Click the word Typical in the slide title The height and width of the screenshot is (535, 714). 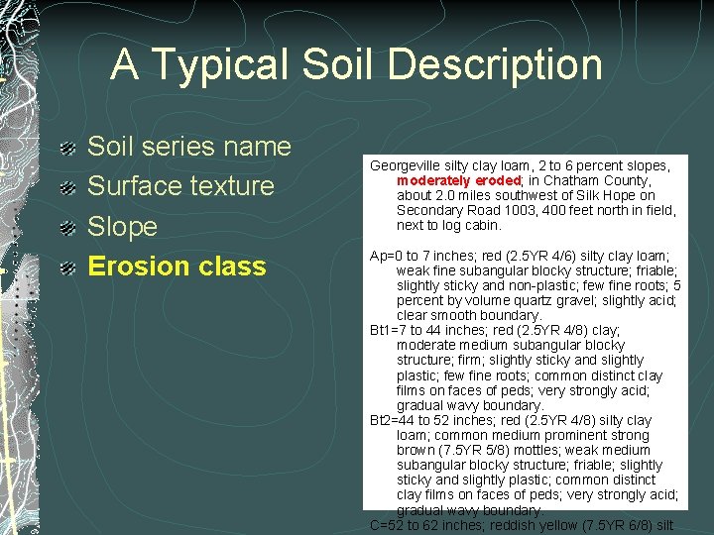tap(212, 65)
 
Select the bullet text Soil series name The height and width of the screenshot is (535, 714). tap(189, 147)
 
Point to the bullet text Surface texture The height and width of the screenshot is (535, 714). tap(180, 186)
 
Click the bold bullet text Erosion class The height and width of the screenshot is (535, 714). tap(177, 267)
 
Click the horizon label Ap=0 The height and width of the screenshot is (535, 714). tap(382, 256)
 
